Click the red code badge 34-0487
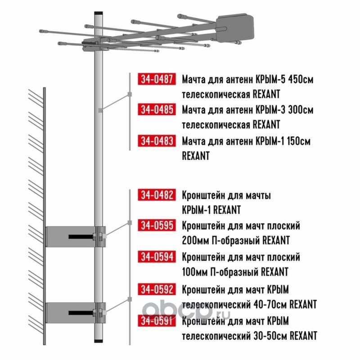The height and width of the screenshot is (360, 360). click(157, 79)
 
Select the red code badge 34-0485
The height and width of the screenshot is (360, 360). click(157, 109)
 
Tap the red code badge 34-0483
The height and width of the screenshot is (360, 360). click(157, 140)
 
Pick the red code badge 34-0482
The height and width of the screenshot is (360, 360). click(157, 195)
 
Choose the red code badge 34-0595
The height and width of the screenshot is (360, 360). click(157, 225)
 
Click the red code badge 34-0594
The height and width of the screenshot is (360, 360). click(157, 256)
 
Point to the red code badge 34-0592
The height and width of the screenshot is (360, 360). click(157, 289)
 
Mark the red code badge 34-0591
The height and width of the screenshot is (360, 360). click(157, 320)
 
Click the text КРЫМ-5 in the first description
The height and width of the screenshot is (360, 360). click(270, 80)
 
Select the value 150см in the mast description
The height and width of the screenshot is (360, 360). click(298, 141)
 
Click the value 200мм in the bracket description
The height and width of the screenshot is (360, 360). click(195, 241)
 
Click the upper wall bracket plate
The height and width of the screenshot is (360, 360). click(76, 237)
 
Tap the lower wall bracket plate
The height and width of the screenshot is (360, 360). click(76, 313)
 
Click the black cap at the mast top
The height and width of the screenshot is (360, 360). click(99, 13)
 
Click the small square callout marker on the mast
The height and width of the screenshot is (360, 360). click(100, 110)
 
